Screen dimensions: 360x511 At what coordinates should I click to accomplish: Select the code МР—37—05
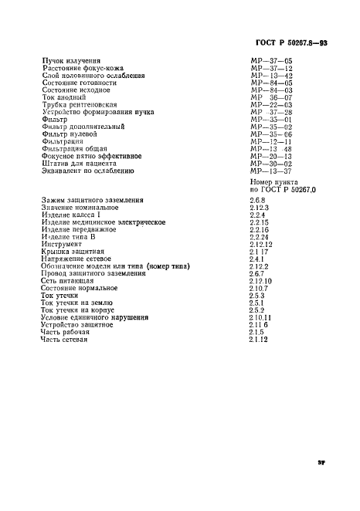coord(267,58)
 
